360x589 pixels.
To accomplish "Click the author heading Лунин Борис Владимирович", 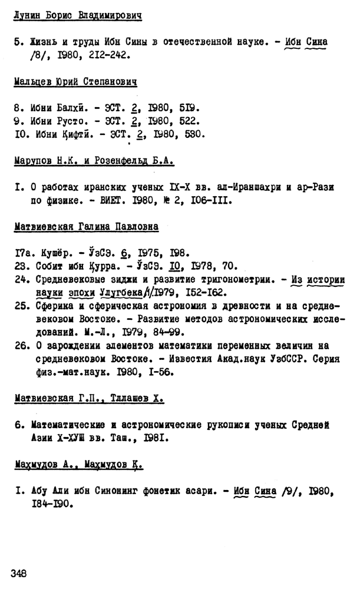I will click(x=78, y=15).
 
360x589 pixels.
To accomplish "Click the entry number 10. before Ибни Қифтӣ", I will click(x=21, y=134).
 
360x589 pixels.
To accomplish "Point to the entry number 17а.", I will click(x=22, y=253).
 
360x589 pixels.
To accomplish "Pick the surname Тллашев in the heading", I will click(x=137, y=399).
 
